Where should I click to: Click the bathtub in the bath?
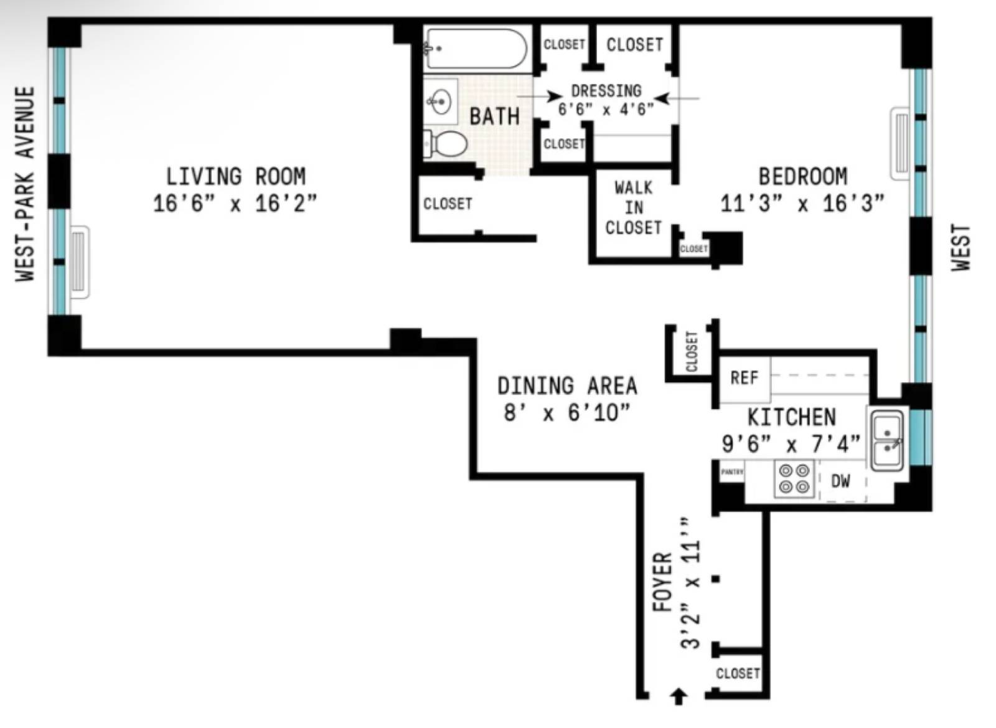[476, 48]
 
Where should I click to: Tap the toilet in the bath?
[446, 143]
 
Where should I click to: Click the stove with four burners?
[794, 478]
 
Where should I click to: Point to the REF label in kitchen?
[745, 378]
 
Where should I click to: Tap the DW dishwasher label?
[840, 481]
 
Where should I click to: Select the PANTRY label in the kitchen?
[732, 472]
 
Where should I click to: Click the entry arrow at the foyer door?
[679, 696]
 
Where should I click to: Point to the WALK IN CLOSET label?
[634, 207]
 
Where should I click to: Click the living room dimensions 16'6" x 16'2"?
[235, 203]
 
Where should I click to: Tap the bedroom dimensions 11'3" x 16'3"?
[802, 203]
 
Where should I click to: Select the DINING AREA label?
[567, 386]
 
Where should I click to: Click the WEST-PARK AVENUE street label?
[25, 184]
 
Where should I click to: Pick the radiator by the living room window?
[79, 262]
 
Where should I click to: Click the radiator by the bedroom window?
[900, 143]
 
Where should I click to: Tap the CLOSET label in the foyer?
[738, 673]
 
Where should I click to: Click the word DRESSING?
[606, 91]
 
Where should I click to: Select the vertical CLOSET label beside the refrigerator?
[692, 352]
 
